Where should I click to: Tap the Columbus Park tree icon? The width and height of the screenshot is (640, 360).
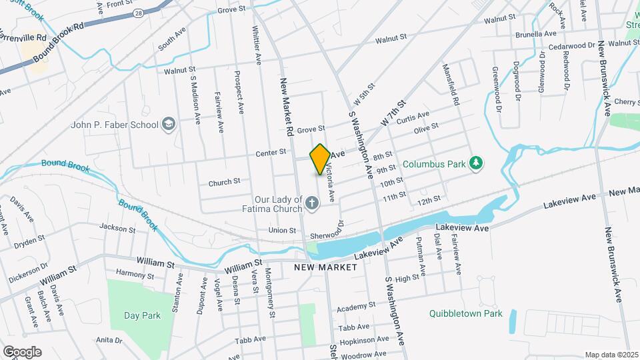point(475,163)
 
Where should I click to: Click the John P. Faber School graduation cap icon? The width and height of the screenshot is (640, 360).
point(169,124)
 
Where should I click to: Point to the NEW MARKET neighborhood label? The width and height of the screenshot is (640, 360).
point(325,267)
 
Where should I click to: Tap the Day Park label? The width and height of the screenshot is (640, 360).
point(138,315)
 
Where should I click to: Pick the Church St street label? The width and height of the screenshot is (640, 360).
point(224,182)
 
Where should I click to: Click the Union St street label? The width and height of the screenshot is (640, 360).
point(282,231)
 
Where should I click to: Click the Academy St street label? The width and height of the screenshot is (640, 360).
point(353,309)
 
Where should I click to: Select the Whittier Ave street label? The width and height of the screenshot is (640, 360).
point(257,45)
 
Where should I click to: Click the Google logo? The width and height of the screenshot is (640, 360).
point(22,351)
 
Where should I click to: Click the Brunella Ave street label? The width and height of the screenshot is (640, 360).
point(535,33)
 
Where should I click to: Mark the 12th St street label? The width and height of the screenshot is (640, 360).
point(429,199)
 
